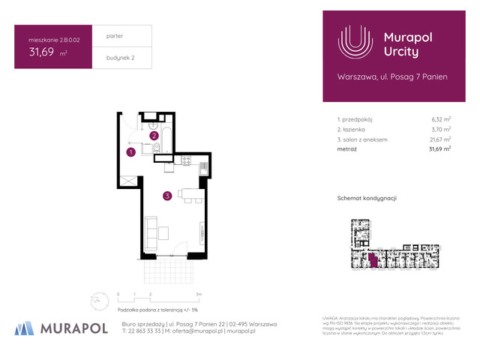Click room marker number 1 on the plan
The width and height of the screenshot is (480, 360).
pos(130,152)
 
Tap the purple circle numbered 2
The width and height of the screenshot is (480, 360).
pos(154,136)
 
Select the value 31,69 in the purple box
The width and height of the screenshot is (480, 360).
pos(41,52)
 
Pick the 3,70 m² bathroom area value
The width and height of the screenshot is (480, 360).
pos(440,129)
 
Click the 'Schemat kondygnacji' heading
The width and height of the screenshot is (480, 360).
pos(367,197)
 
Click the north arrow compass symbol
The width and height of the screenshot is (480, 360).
pos(96,298)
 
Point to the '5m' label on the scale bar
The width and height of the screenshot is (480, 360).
pos(197,294)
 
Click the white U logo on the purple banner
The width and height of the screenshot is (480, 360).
pos(354,43)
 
